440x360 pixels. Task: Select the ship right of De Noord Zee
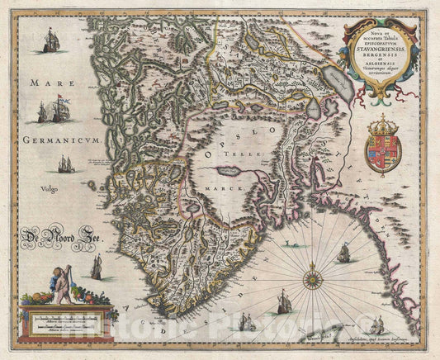click(x=97, y=265)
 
